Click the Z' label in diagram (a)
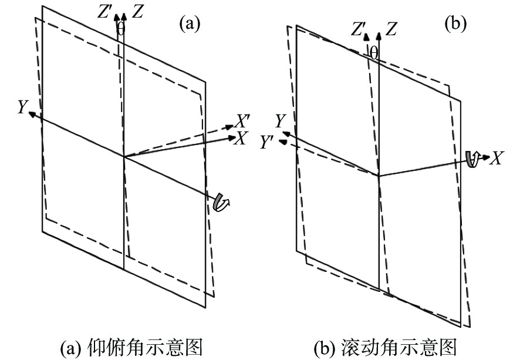click(106, 12)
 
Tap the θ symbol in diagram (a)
click(121, 29)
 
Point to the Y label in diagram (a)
click(22, 106)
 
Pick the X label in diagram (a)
click(241, 137)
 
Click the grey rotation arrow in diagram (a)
click(221, 201)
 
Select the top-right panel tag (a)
click(190, 23)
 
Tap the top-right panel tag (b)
click(455, 23)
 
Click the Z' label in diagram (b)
click(357, 30)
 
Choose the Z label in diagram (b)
click(391, 29)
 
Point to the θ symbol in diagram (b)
click(374, 53)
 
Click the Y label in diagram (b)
click(280, 122)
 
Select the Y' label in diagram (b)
click(266, 142)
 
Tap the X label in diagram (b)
click(497, 158)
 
